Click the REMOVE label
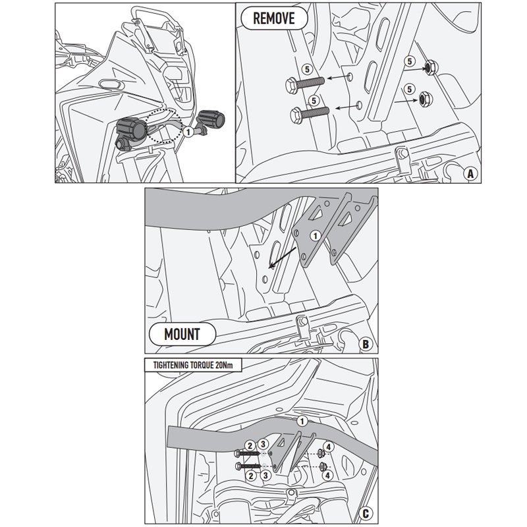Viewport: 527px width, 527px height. coord(274,18)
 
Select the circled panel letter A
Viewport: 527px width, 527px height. coord(470,173)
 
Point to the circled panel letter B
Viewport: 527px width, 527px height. coord(367,343)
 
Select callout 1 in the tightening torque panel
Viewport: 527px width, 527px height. coord(301,421)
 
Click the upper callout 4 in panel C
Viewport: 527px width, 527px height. coord(329,446)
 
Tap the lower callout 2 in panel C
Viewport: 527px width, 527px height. coord(250,474)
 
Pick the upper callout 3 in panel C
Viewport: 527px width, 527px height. coord(262,445)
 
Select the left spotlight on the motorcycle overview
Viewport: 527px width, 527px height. coord(130,128)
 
